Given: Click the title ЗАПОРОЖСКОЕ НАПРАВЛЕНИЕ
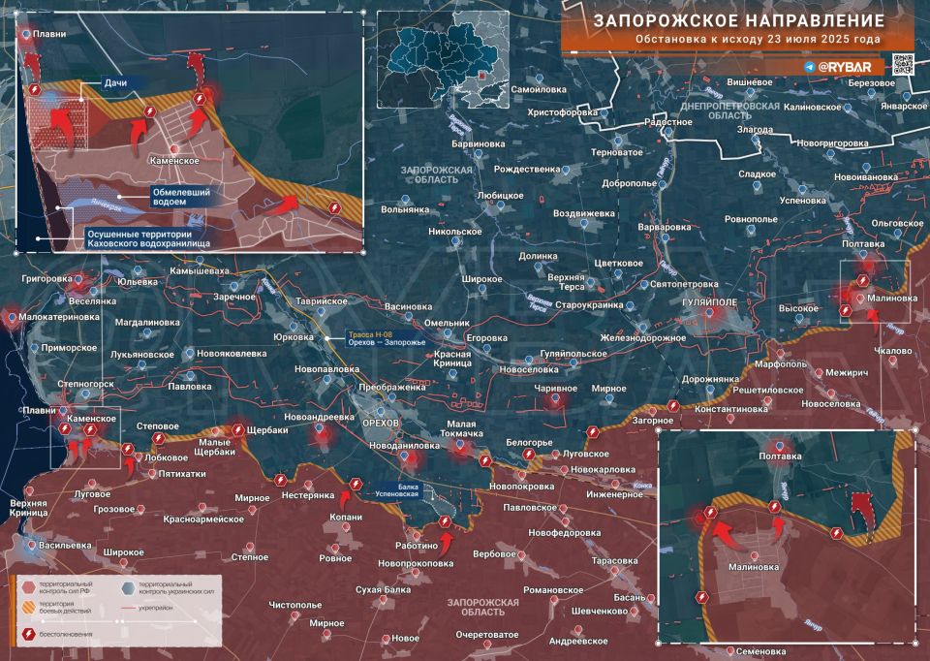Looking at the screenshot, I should tap(738, 20).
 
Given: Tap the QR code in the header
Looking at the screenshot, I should tap(901, 64).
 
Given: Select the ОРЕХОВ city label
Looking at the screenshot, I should tap(381, 425).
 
